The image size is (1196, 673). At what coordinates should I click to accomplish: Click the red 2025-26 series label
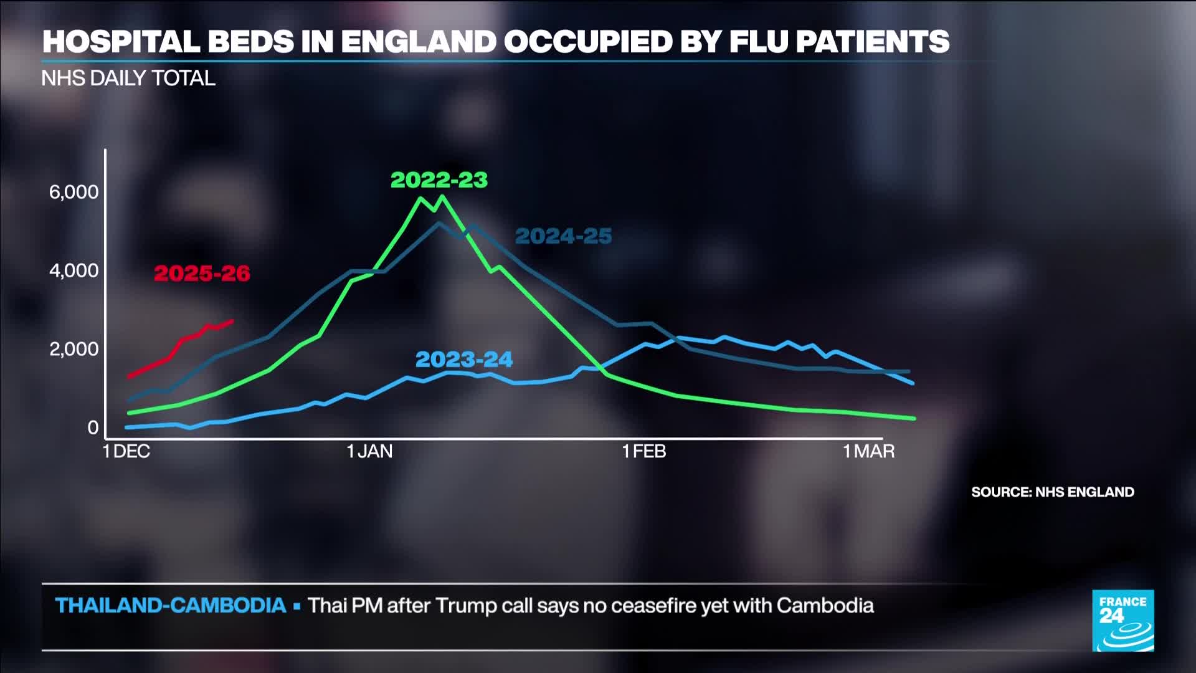tap(202, 273)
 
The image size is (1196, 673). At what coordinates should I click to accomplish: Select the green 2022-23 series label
tap(439, 180)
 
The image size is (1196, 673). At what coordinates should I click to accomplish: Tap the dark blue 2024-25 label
tap(564, 236)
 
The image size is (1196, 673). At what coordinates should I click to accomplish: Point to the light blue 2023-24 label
tap(464, 360)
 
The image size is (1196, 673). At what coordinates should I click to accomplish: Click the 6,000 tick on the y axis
tap(74, 192)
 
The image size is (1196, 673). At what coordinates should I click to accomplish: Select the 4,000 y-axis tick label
tap(74, 270)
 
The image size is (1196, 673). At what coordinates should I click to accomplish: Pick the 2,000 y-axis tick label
tap(74, 349)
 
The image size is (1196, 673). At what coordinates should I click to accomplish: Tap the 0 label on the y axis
tap(93, 427)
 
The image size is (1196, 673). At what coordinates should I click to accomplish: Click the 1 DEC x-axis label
tap(126, 451)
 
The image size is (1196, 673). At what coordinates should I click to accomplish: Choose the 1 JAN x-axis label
tap(369, 451)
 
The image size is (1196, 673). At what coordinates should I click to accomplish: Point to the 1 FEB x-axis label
tap(644, 451)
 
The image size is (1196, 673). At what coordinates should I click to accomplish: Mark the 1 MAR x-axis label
tap(868, 451)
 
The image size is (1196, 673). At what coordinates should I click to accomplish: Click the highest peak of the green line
tap(442, 197)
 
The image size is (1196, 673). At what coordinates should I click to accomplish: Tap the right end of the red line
tap(232, 321)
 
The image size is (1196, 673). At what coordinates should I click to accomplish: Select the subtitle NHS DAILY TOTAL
tap(128, 79)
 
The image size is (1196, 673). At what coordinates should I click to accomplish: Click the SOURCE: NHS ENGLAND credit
tap(1053, 492)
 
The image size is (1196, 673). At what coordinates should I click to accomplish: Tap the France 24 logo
tap(1123, 621)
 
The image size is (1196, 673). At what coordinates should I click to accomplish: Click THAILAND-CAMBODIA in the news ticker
tap(171, 605)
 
